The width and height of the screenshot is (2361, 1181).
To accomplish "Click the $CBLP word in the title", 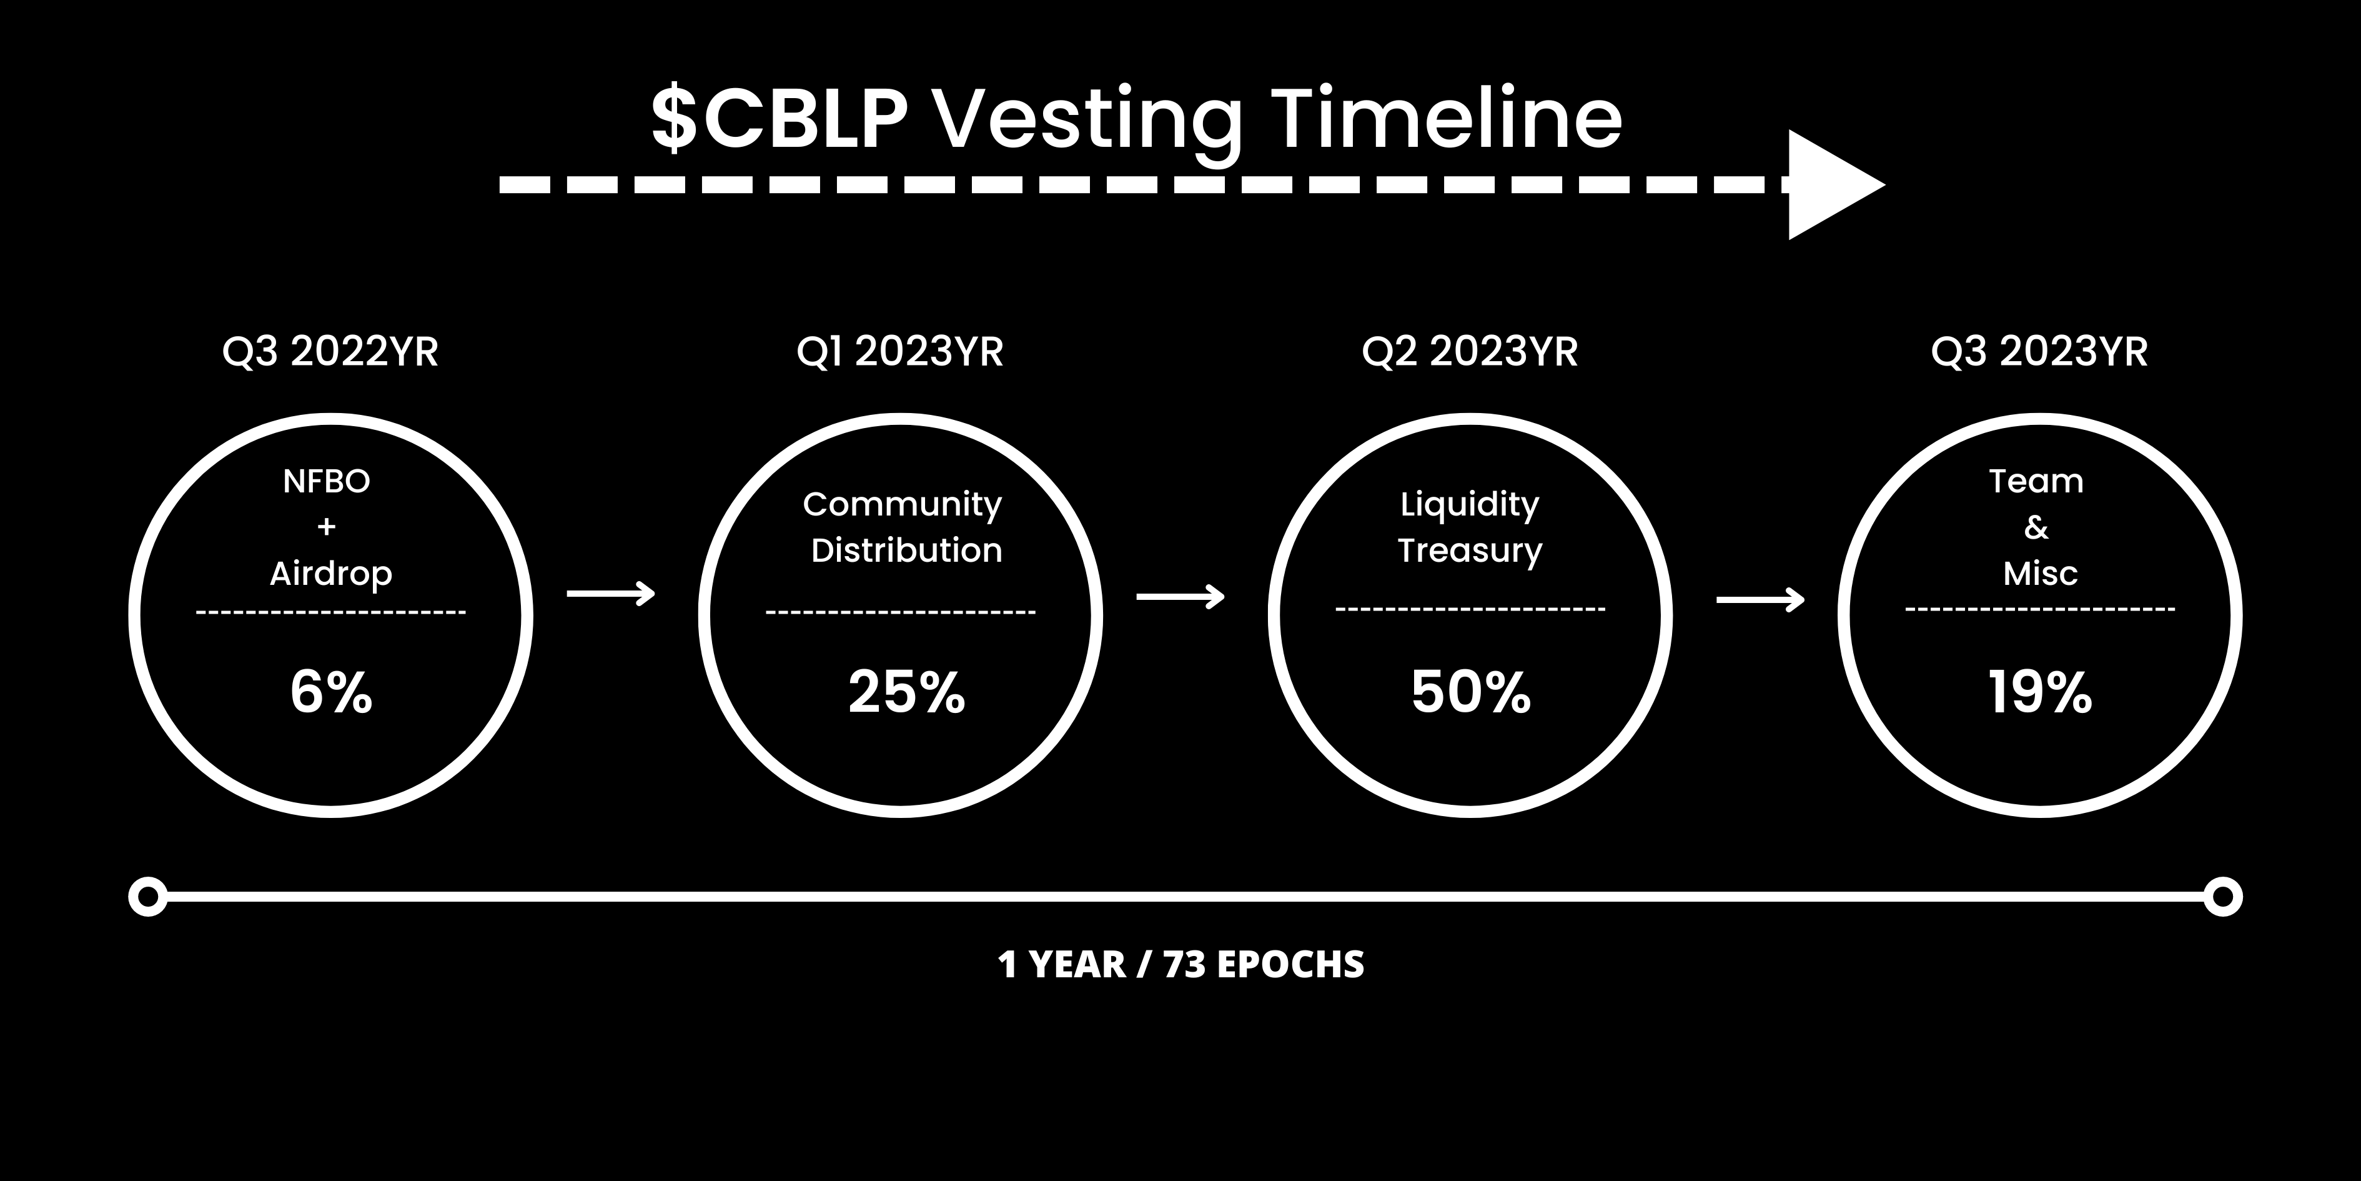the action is pos(779,119).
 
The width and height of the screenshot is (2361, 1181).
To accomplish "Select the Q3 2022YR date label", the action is pos(331,352).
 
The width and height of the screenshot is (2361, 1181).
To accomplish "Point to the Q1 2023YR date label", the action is pos(900,352).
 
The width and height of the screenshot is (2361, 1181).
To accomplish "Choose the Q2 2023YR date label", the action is pos(1470,352).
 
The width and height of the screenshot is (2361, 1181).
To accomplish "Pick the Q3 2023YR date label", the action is pos(2039,352).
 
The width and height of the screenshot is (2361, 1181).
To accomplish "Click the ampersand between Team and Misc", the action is pos(2036,527).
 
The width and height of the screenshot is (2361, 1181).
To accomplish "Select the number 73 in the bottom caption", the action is pos(1184,965).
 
